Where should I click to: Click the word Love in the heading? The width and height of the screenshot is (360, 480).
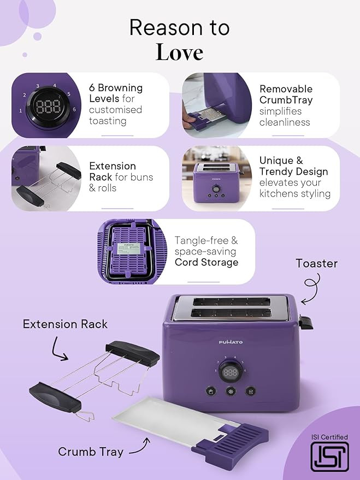[x=179, y=52]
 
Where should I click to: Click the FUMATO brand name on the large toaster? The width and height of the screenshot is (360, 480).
[x=231, y=342]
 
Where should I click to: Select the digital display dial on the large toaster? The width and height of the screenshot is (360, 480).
[x=231, y=372]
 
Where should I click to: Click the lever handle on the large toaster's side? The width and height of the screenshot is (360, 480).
[x=306, y=323]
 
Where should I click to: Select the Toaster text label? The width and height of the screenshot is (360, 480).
[x=316, y=263]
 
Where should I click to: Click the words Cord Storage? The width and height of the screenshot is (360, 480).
[x=206, y=262]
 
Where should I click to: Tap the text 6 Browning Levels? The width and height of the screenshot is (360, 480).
[x=116, y=93]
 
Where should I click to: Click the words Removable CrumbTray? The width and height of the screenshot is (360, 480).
[x=286, y=94]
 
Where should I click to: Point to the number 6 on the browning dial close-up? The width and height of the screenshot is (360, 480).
[x=74, y=109]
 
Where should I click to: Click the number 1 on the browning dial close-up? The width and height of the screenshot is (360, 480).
[x=21, y=110]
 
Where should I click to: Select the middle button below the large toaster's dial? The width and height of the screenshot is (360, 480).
[x=231, y=391]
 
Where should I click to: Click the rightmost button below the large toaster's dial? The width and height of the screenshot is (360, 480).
[x=250, y=391]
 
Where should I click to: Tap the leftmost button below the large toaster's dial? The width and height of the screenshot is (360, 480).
[x=211, y=391]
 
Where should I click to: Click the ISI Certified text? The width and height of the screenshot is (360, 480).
[x=329, y=437]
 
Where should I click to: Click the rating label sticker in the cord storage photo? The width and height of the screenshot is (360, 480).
[x=129, y=248]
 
